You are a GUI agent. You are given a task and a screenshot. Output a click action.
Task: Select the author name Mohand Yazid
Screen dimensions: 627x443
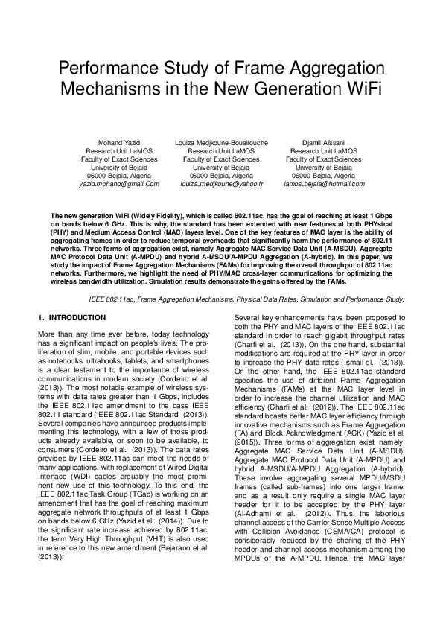119,142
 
